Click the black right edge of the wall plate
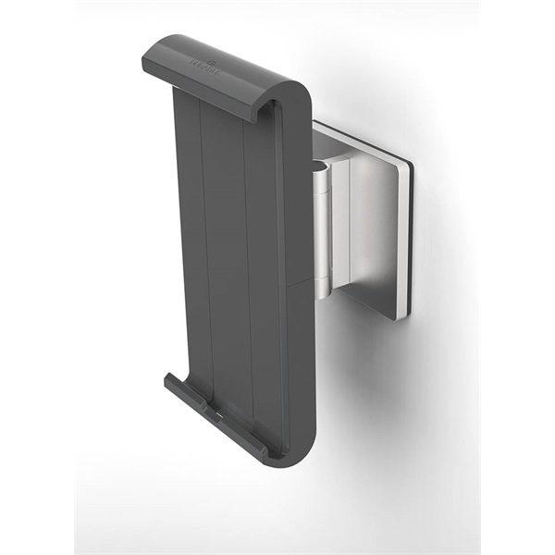click(x=408, y=240)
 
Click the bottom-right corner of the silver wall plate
click(x=400, y=316)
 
